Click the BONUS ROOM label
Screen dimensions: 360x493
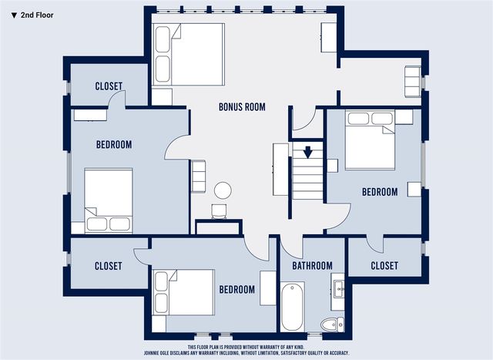coord(242,107)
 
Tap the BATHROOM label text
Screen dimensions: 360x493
coord(312,266)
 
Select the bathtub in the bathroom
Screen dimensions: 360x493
coord(293,306)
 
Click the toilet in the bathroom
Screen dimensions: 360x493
coord(331,325)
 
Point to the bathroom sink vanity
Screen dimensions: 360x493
coord(338,290)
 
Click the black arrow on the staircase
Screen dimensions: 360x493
coord(307,151)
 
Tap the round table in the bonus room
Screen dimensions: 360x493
coord(223,190)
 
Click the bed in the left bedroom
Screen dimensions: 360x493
coord(108,200)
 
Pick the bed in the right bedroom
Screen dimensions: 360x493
coord(370,140)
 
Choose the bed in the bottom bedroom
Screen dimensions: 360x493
coord(184,292)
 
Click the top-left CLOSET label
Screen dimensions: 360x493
coord(109,86)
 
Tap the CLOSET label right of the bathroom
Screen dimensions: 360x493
coord(384,266)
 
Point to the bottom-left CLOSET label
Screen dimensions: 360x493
coord(108,266)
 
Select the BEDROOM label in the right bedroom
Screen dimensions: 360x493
coord(380,192)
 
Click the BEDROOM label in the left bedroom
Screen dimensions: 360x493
coord(114,144)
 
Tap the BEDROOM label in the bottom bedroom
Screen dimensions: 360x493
coord(236,290)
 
